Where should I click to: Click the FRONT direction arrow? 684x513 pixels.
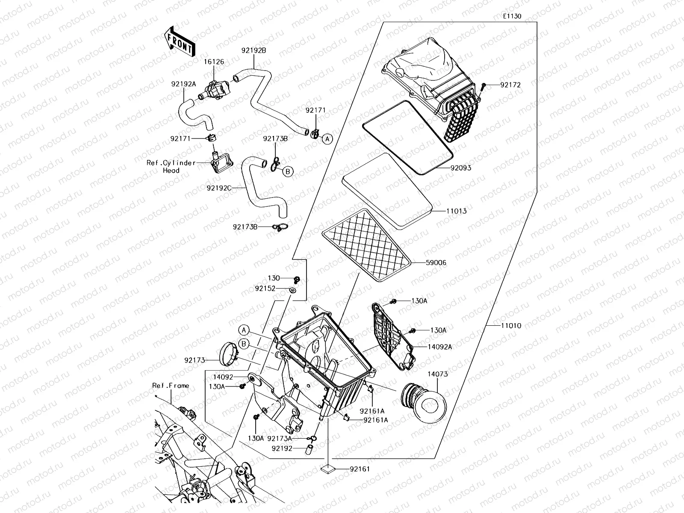point(179,41)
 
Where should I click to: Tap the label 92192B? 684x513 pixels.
point(254,50)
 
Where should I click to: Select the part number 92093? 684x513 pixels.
point(460,168)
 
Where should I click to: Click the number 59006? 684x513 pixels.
point(436,263)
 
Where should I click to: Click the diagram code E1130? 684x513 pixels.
point(512,16)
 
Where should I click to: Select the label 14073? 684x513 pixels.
point(438,374)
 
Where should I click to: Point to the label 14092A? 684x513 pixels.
point(439,347)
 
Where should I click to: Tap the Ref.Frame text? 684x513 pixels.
point(170,386)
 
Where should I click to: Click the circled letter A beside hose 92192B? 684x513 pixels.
point(327,139)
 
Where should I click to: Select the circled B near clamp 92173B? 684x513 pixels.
point(288,171)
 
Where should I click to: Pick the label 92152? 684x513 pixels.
point(265,289)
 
